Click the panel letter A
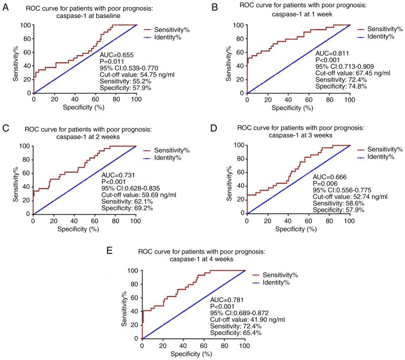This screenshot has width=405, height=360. [5, 7]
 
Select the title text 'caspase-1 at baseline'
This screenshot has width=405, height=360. [99, 16]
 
